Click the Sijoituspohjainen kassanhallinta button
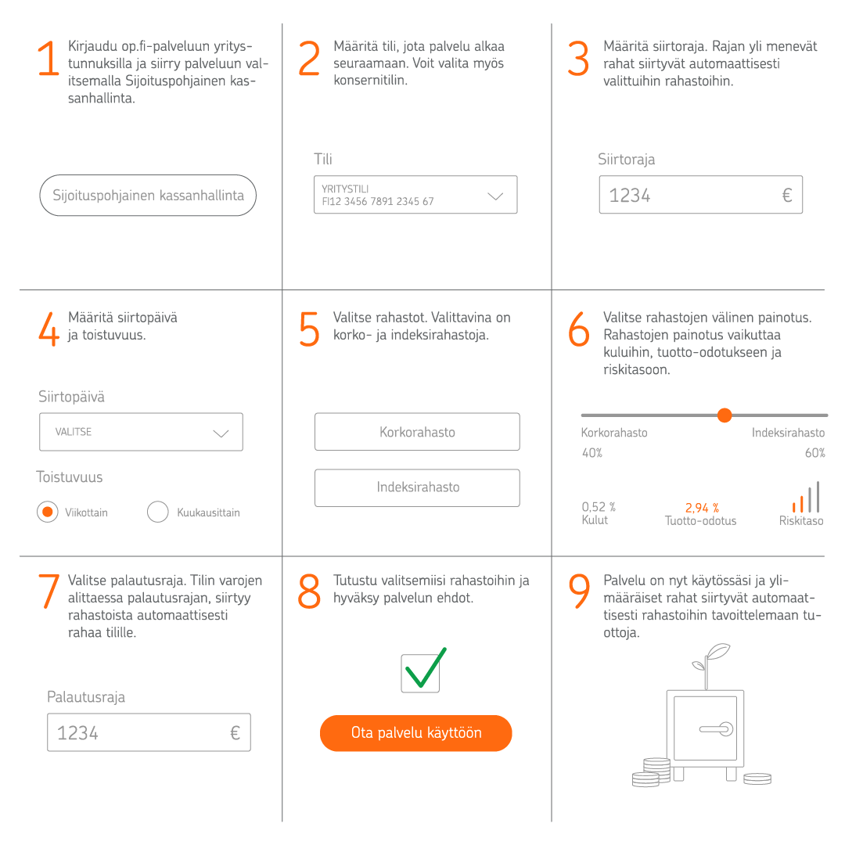[148, 196]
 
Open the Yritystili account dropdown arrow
[495, 196]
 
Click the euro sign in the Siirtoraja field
[786, 196]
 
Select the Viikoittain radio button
[48, 512]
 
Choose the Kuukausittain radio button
[158, 512]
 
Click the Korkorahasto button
[417, 432]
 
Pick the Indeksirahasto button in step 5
[417, 487]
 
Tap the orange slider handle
[725, 415]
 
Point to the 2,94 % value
[702, 508]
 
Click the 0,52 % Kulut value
[599, 507]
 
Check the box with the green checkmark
[421, 673]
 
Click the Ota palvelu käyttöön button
[415, 733]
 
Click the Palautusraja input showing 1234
[149, 732]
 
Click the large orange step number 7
[49, 592]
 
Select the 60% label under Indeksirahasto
[814, 453]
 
